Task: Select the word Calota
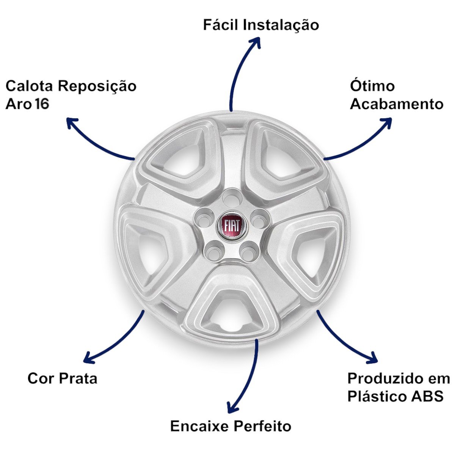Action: click(x=29, y=86)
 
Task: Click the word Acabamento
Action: click(x=397, y=104)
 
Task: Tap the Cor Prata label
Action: click(x=62, y=378)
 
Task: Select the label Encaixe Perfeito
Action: click(x=231, y=426)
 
